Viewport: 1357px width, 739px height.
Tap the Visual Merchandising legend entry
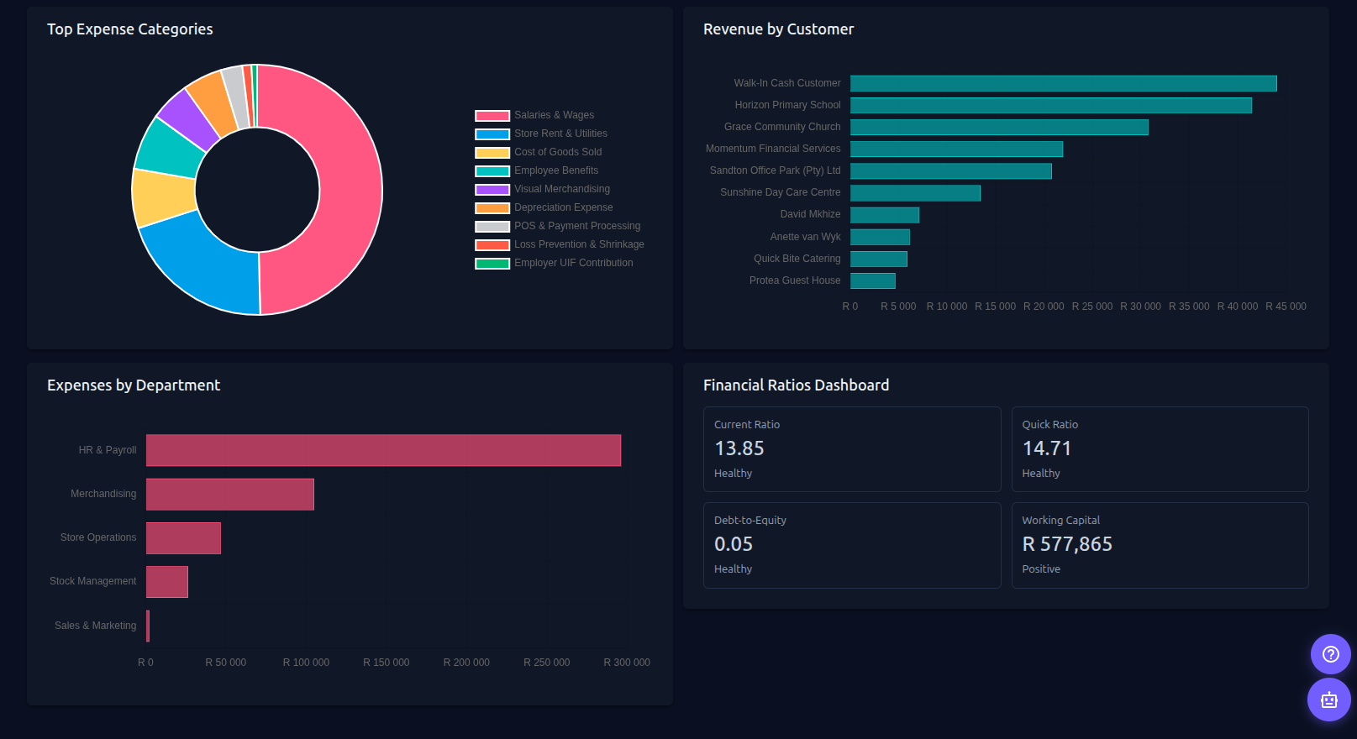[561, 189]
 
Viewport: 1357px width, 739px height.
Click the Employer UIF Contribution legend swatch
[492, 264]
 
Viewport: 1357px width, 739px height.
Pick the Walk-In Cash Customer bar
[1063, 83]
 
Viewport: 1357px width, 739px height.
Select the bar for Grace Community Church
[999, 127]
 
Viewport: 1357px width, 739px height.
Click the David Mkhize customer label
[810, 214]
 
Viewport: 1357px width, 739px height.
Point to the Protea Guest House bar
[873, 280]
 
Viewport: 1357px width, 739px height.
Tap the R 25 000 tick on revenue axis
[1091, 307]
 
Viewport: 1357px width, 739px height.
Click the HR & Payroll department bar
[383, 450]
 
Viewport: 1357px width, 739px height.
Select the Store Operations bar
[183, 538]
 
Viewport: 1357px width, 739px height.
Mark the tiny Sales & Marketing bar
[148, 626]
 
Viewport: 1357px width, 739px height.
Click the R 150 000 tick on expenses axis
[386, 663]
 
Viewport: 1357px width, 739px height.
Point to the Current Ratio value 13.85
[739, 448]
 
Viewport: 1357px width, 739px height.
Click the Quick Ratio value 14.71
[1047, 448]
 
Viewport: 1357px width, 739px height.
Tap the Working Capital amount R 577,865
[1067, 544]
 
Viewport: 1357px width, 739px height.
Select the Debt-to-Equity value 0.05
[734, 544]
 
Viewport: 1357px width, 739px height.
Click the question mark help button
[1330, 654]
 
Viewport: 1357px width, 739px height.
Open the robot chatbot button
[1328, 700]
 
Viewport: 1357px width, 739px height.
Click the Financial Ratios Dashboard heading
[796, 385]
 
